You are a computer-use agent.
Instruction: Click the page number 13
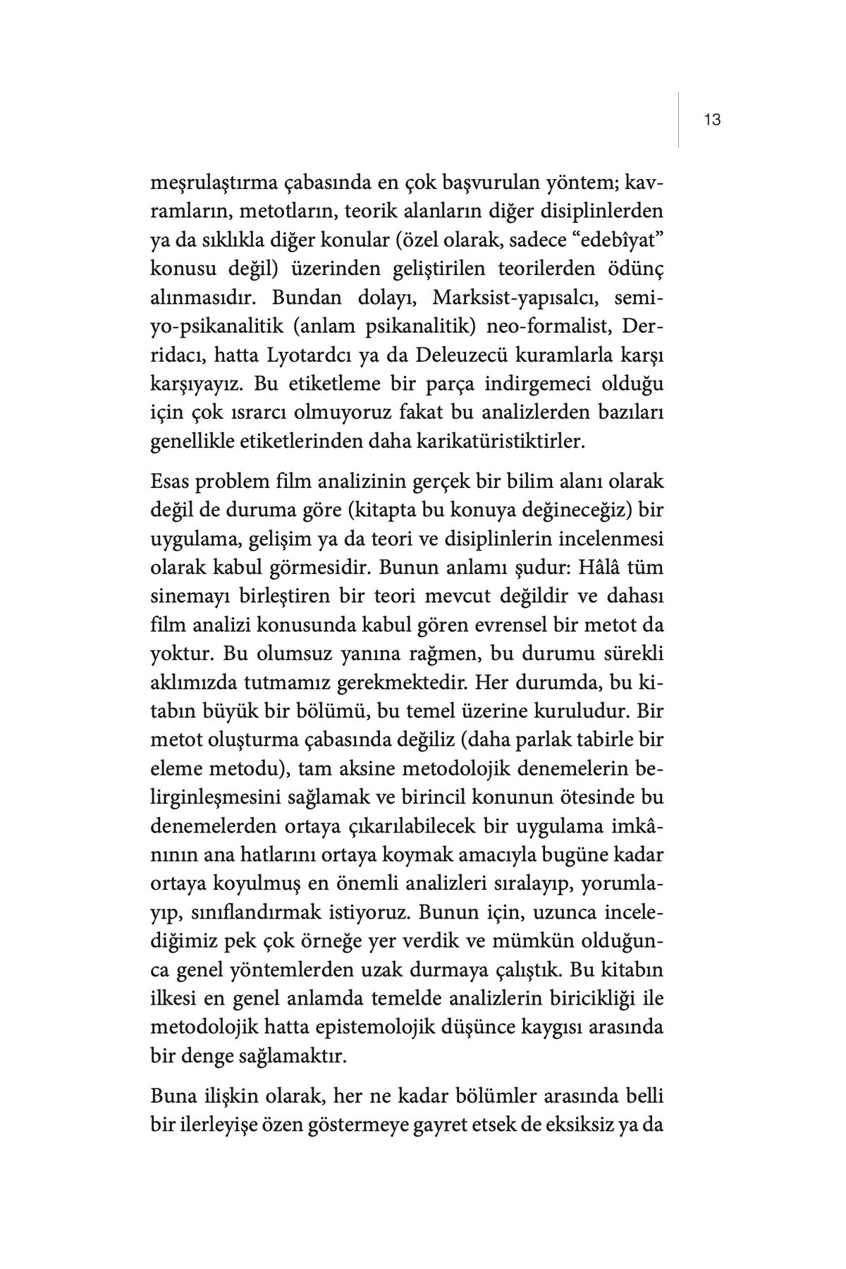pyautogui.click(x=712, y=120)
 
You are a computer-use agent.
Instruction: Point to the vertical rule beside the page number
pyautogui.click(x=679, y=120)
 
